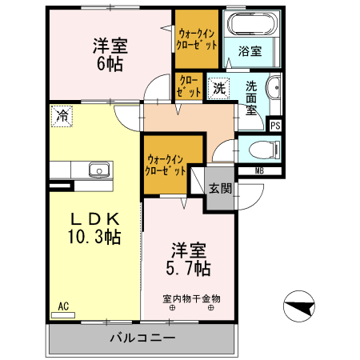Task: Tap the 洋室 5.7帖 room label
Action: [x=190, y=257]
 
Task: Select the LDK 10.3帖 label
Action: [x=93, y=227]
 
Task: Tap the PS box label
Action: [x=275, y=126]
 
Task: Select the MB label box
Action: [x=259, y=170]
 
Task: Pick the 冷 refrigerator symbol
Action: [x=62, y=115]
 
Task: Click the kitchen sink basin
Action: [x=98, y=170]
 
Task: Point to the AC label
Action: [x=64, y=306]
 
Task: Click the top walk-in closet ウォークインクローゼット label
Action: [x=197, y=39]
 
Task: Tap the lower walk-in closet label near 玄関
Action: [x=166, y=165]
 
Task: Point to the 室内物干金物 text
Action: [x=191, y=298]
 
